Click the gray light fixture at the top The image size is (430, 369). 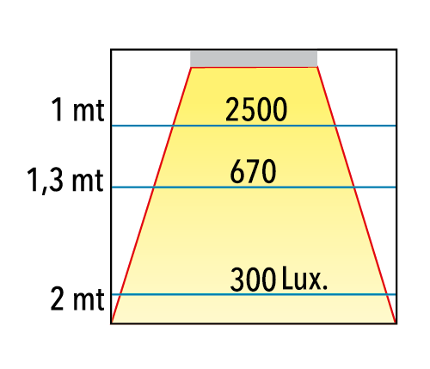click(x=254, y=58)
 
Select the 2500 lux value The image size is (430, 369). click(x=256, y=109)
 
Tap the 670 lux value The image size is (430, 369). click(x=253, y=171)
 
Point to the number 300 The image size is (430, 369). click(x=253, y=280)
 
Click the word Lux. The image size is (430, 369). click(x=304, y=278)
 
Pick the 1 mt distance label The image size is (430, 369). click(x=77, y=110)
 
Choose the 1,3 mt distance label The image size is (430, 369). click(x=65, y=180)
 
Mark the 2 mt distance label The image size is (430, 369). click(x=77, y=298)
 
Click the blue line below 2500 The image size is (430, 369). click(x=254, y=126)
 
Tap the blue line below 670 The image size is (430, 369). click(x=254, y=188)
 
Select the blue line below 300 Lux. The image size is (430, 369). click(x=254, y=294)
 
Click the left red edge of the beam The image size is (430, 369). click(x=151, y=195)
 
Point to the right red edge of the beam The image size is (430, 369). click(x=356, y=195)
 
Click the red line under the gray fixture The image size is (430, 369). click(x=254, y=67)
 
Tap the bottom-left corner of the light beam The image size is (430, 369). click(x=112, y=323)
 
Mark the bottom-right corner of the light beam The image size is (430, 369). click(x=396, y=323)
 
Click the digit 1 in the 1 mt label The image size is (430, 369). click(x=58, y=110)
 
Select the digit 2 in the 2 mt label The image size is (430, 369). click(x=57, y=298)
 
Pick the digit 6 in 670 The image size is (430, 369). click(x=236, y=171)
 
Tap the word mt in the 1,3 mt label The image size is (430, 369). click(x=88, y=181)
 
